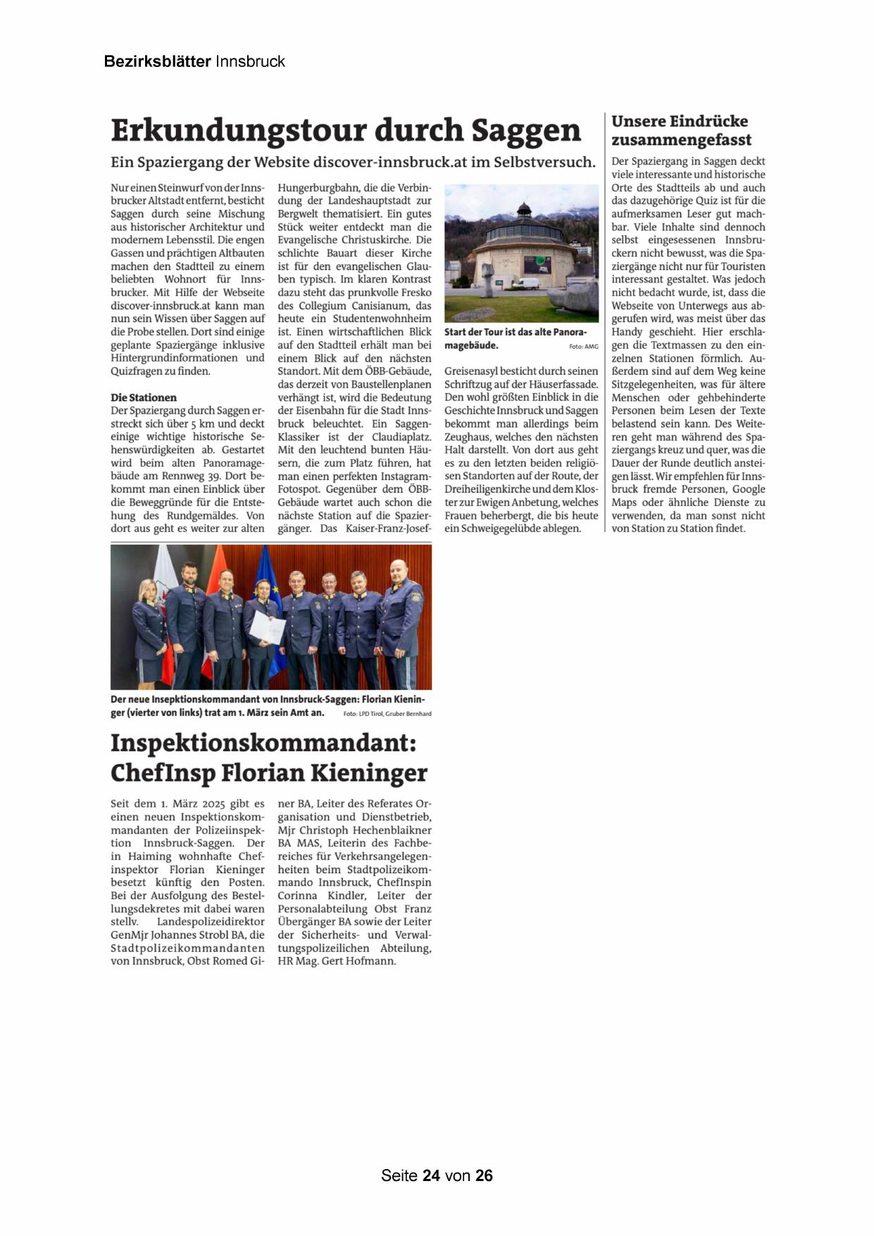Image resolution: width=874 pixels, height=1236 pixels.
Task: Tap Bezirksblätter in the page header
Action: click(157, 61)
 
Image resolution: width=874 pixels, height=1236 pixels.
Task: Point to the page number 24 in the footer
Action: click(431, 1175)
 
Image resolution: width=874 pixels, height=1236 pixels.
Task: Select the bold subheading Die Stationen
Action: click(144, 397)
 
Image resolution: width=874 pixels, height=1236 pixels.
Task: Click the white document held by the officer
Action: click(268, 625)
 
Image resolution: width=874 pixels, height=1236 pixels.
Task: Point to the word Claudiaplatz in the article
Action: click(401, 437)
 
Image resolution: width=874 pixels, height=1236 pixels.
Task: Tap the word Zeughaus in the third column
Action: click(468, 437)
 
